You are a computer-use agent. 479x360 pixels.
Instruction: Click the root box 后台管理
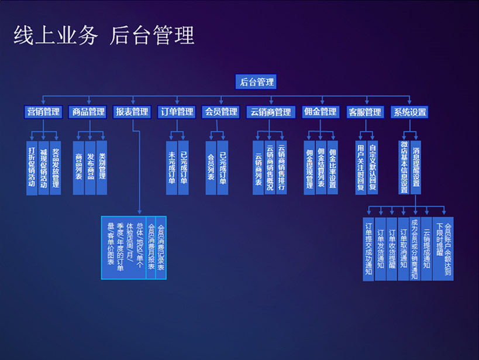[257, 83]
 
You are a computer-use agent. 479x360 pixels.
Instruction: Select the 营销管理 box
[43, 112]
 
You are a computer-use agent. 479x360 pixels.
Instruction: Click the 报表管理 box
[132, 112]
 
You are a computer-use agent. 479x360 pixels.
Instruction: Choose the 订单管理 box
[177, 112]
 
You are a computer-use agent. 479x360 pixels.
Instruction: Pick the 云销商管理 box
[270, 112]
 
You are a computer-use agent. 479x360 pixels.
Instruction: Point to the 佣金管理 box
[321, 112]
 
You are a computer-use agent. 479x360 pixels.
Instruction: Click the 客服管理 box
[365, 112]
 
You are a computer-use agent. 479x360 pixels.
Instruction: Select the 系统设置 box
[409, 112]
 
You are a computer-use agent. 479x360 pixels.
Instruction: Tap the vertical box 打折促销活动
[32, 167]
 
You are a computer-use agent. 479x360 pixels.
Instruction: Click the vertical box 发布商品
[90, 167]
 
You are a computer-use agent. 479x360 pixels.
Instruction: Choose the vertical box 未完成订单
[171, 167]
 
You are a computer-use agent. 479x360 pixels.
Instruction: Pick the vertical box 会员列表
[211, 167]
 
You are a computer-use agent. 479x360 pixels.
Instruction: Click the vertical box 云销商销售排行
[281, 167]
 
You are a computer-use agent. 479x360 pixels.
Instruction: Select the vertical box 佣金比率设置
[332, 167]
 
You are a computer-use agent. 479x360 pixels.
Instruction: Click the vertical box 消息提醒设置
[416, 167]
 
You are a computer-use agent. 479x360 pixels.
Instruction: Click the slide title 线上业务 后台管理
[104, 36]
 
